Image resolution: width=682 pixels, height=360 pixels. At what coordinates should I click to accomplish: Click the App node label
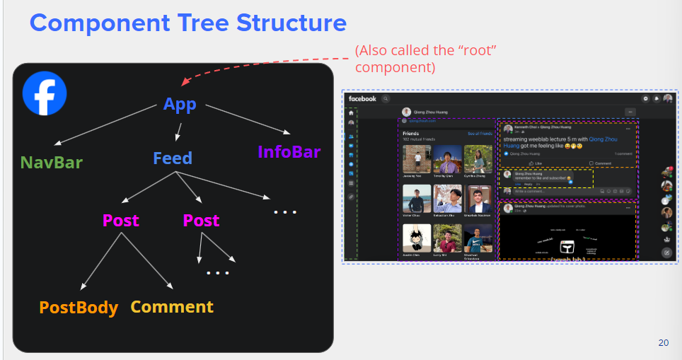pyautogui.click(x=180, y=105)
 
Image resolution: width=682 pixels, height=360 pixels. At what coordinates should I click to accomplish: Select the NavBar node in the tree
pyautogui.click(x=52, y=162)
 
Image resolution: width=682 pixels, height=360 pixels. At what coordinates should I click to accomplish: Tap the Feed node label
pyautogui.click(x=173, y=158)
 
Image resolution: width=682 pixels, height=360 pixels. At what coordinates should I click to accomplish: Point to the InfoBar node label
pyautogui.click(x=289, y=152)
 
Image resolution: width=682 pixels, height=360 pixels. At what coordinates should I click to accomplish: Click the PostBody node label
pyautogui.click(x=79, y=308)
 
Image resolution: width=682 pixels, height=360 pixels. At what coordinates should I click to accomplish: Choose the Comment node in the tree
pyautogui.click(x=172, y=307)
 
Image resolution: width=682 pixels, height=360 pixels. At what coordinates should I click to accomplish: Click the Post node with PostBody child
pyautogui.click(x=121, y=221)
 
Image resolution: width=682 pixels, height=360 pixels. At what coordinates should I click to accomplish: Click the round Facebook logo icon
pyautogui.click(x=45, y=93)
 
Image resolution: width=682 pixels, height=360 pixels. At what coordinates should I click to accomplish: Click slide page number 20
pyautogui.click(x=663, y=343)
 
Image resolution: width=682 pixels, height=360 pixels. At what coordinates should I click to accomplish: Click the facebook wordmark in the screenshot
pyautogui.click(x=362, y=99)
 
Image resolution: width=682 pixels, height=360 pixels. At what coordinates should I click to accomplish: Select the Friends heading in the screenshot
pyautogui.click(x=410, y=133)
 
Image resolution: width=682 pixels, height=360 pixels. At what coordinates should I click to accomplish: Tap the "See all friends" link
pyautogui.click(x=480, y=133)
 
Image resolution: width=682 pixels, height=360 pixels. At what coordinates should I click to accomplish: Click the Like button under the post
pyautogui.click(x=536, y=163)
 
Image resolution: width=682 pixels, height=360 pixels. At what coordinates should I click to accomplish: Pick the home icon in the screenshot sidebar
pyautogui.click(x=351, y=112)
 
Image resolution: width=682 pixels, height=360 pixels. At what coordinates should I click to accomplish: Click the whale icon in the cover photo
pyautogui.click(x=566, y=247)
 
